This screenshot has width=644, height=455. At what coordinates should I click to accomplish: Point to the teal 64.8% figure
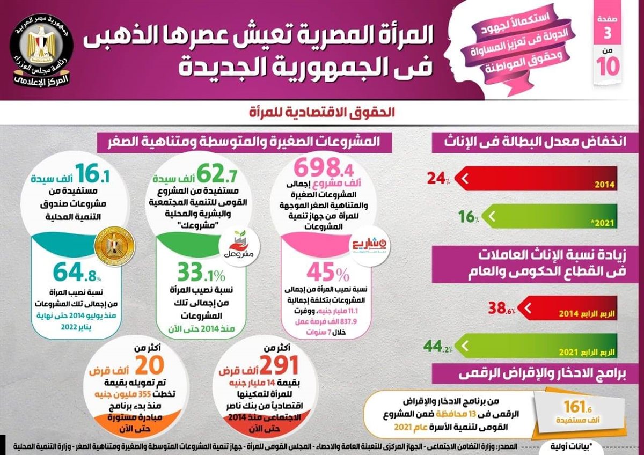(76, 276)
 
